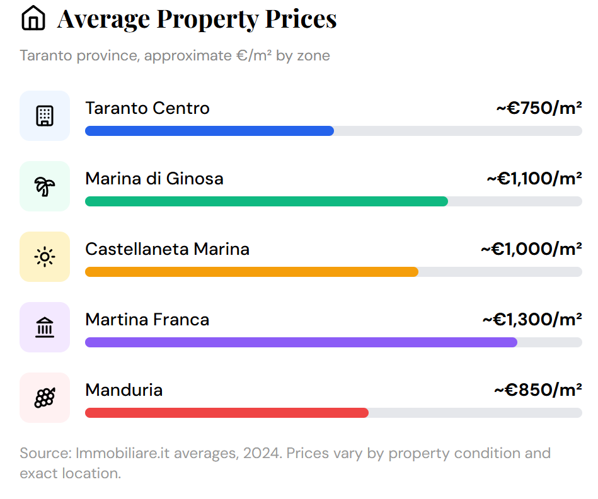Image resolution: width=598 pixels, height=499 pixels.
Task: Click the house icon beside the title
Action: point(33,19)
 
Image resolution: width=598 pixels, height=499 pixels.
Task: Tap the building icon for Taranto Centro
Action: point(45,116)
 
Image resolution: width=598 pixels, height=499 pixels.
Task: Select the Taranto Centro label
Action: point(147,108)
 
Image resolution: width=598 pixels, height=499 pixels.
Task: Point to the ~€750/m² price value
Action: point(539,108)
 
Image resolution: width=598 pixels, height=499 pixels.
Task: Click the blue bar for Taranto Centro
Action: point(209,131)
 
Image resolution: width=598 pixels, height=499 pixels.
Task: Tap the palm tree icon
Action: point(45,186)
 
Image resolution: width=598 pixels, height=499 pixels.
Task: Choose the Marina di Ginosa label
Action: point(154,179)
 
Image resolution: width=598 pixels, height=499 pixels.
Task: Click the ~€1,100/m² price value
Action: point(534,179)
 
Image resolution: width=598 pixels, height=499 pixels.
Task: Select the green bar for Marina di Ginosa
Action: point(266,201)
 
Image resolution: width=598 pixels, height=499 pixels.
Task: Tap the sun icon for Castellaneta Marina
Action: point(45,257)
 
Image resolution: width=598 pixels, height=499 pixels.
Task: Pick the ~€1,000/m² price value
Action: point(531,249)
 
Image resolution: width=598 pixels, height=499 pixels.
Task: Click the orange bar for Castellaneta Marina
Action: point(251,272)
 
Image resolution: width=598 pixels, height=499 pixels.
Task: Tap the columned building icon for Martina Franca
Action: point(45,327)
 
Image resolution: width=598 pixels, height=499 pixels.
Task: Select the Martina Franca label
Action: point(147,320)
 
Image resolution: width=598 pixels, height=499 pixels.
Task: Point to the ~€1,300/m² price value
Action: point(532,320)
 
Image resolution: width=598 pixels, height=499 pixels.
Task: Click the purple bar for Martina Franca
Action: point(301,342)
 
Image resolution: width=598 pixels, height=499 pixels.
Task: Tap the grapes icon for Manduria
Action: point(45,398)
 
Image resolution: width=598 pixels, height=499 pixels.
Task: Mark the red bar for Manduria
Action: point(226,413)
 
